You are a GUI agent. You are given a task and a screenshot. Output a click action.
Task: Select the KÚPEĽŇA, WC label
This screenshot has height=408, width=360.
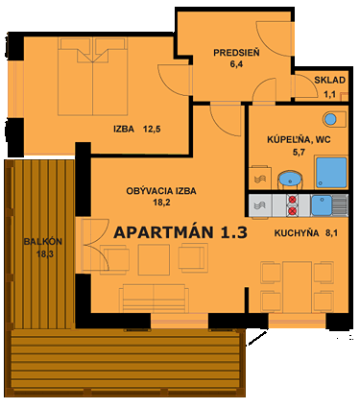pyautogui.click(x=300, y=138)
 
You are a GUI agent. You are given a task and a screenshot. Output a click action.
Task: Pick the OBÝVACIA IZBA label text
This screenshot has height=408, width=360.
pyautogui.click(x=161, y=191)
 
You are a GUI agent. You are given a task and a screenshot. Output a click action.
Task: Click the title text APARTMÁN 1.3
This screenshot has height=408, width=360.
pyautogui.click(x=180, y=232)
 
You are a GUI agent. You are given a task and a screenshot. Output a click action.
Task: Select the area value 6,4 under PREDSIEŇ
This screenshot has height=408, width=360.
pyautogui.click(x=235, y=65)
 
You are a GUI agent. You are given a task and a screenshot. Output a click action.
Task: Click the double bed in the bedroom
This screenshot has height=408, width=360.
pyautogui.click(x=87, y=75)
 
